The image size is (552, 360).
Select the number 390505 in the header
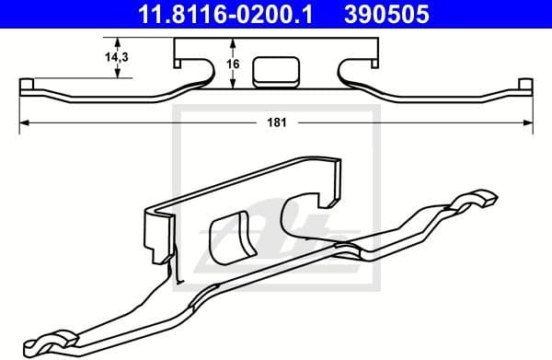pyautogui.click(x=399, y=14)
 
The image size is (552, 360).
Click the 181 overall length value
pyautogui.click(x=274, y=122)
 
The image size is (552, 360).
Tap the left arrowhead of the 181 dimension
pyautogui.click(x=25, y=122)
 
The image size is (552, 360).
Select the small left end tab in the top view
pyautogui.click(x=27, y=86)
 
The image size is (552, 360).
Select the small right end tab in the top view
pyautogui.click(x=525, y=86)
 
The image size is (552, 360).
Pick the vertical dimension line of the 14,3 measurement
pyautogui.click(x=118, y=58)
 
